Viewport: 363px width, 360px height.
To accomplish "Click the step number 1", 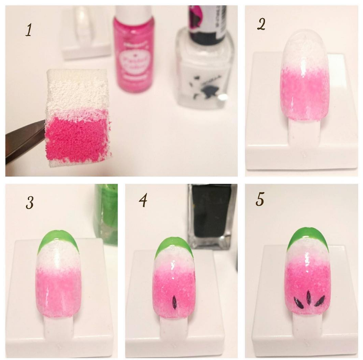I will pos(29,30).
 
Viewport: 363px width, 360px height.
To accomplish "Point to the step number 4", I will pos(143,201).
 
